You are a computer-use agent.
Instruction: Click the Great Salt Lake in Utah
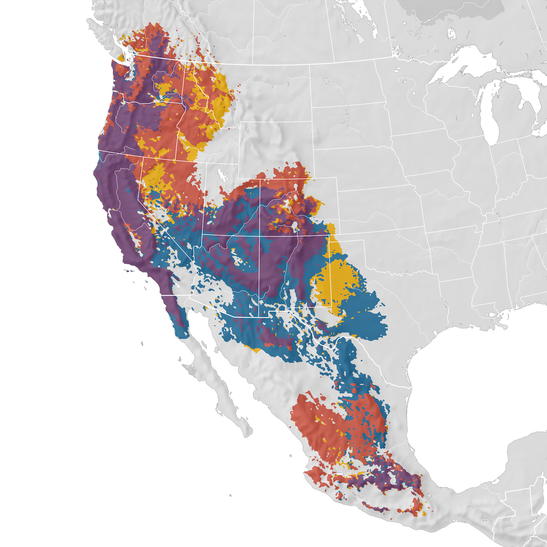[x=222, y=175]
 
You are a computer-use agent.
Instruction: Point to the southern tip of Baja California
[x=248, y=433]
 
